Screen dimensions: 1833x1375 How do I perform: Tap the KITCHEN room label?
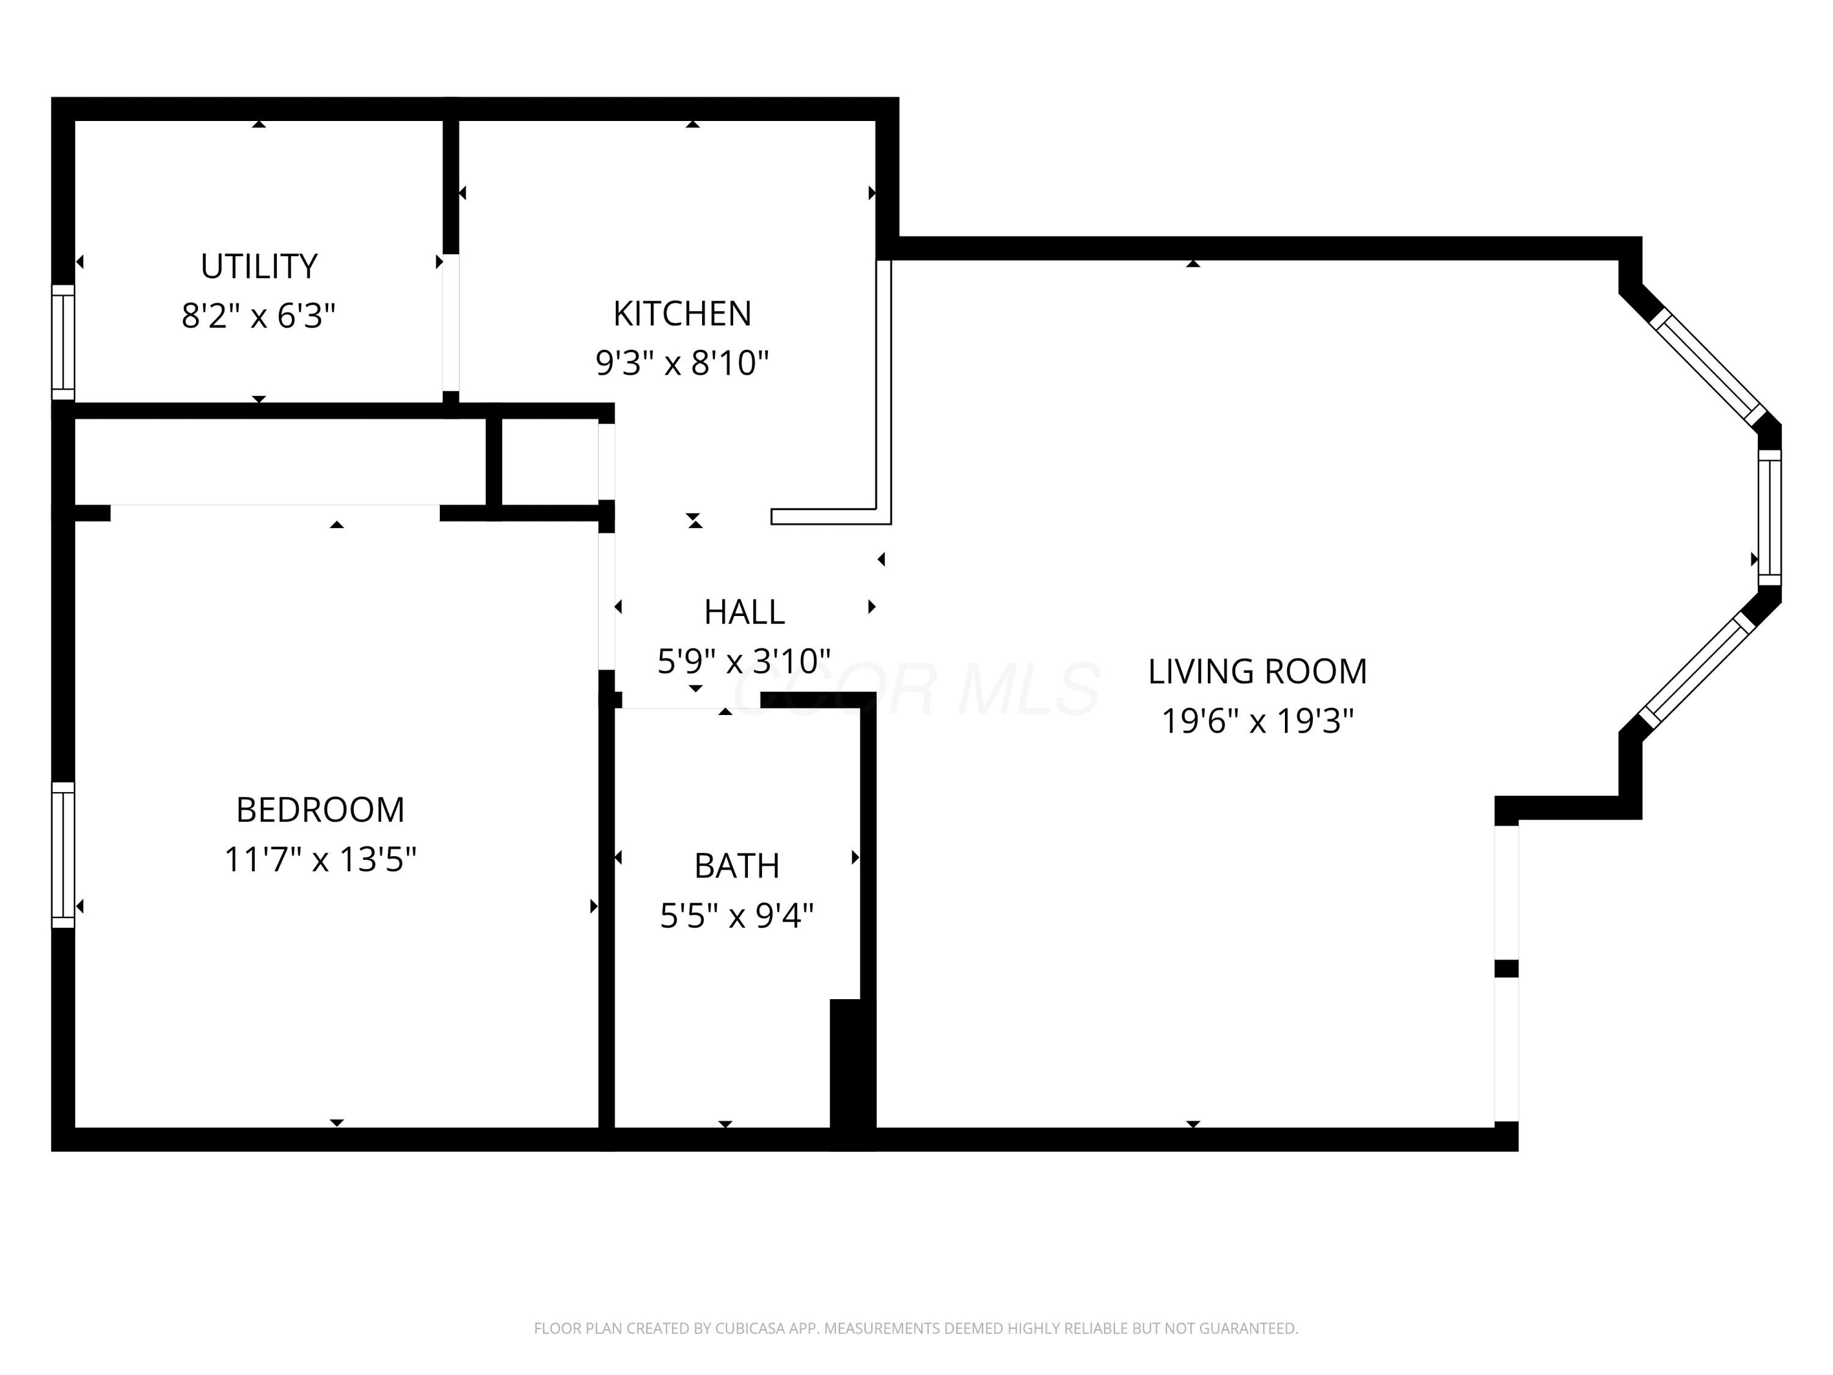682,313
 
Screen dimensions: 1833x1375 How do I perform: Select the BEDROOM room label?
321,810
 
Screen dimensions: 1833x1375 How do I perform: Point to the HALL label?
744,612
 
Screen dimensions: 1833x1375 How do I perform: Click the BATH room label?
737,866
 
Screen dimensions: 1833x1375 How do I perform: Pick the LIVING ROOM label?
1257,672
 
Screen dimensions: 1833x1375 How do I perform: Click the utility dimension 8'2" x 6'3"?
258,316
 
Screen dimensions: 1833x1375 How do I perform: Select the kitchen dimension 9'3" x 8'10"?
682,363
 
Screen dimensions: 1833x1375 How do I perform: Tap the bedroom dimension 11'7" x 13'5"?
321,859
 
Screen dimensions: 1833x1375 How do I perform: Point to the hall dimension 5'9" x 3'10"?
744,661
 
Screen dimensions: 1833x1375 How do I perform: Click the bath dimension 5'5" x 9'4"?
737,916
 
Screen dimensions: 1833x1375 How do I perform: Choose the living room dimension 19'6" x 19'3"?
1257,721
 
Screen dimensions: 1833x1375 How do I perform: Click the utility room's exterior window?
63,343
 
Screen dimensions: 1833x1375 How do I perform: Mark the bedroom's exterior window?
63,854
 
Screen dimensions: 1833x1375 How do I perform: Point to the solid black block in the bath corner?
852,1074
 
